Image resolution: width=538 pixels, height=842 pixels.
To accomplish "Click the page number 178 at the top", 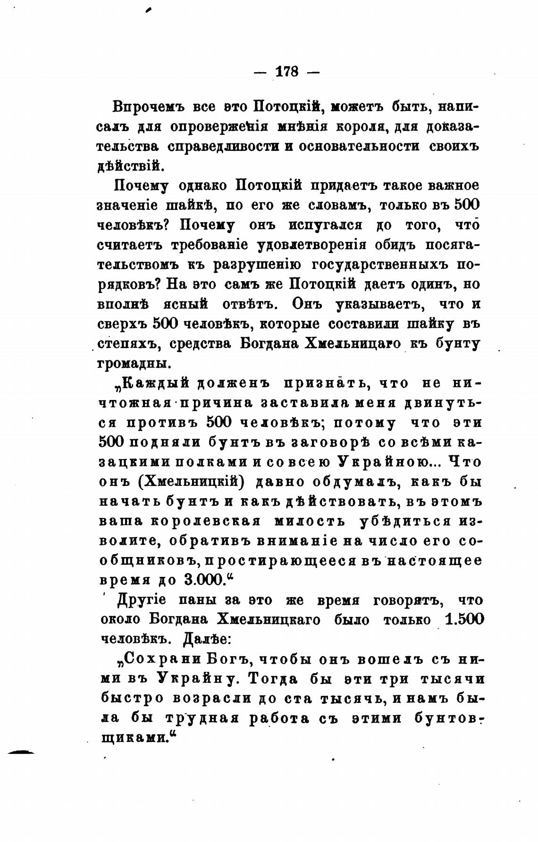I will click(x=286, y=72).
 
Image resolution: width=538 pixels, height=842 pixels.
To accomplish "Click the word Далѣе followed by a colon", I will click(x=206, y=640).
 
